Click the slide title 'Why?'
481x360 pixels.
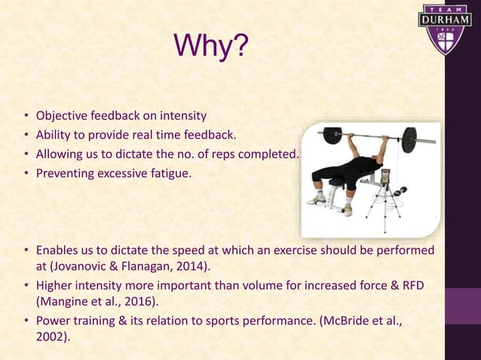coord(210,47)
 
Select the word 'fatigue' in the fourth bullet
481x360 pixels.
coord(167,173)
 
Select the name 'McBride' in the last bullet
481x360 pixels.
coord(342,320)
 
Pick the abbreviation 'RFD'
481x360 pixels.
coord(420,285)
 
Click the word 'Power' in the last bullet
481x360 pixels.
coord(54,320)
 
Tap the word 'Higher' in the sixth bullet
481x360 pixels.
coord(55,285)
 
